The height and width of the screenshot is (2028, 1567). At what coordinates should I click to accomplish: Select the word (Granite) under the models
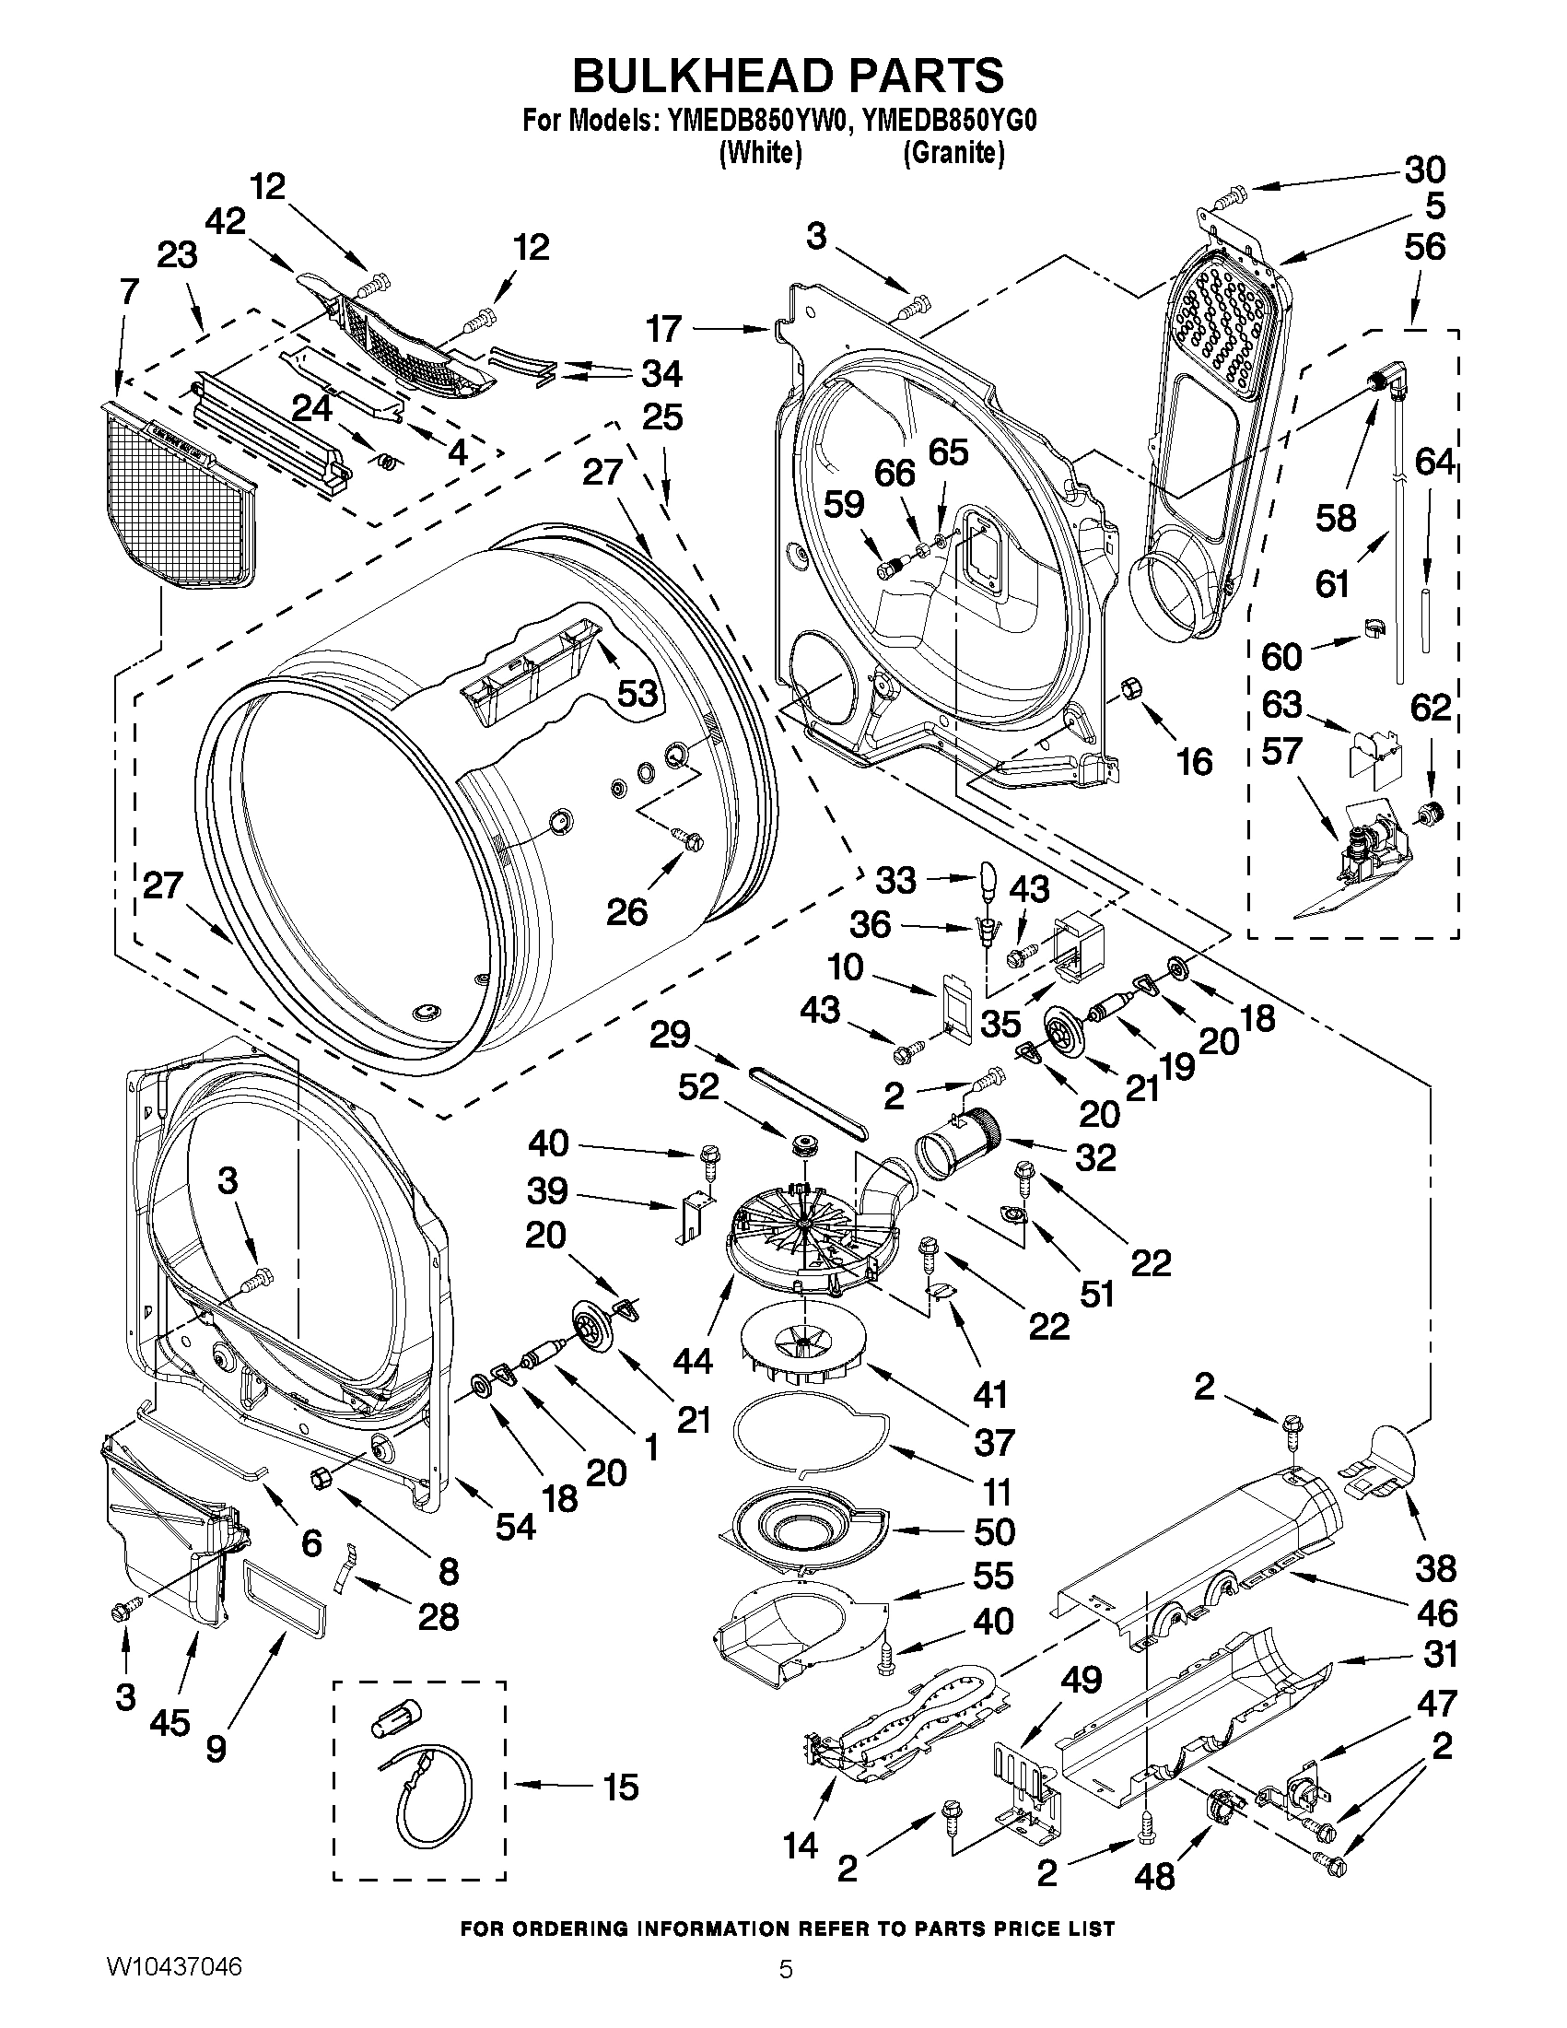(x=953, y=152)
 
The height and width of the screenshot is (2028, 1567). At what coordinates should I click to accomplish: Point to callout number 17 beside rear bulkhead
(x=664, y=329)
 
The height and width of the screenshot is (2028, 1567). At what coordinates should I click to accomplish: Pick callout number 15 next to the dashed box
(x=619, y=1786)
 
